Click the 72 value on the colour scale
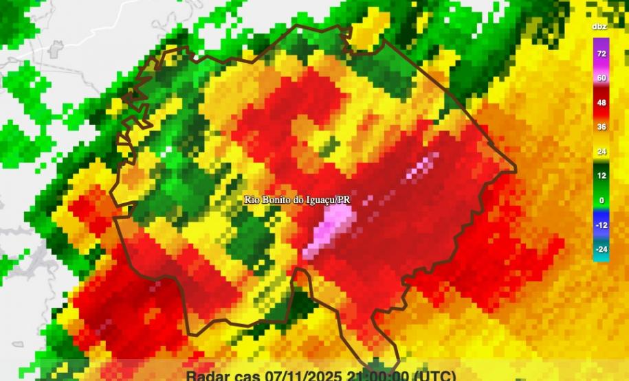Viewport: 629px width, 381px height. point(601,54)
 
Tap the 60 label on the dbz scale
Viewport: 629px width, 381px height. point(601,78)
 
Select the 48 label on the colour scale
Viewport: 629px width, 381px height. point(601,102)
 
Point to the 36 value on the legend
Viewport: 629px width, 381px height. point(601,127)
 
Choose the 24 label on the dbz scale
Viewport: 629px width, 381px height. point(601,151)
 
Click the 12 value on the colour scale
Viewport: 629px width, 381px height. point(601,176)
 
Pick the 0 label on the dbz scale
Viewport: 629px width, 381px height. point(601,200)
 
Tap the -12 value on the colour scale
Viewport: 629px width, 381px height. point(601,224)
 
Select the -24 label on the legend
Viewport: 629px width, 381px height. point(601,249)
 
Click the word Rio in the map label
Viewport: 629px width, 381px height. point(252,199)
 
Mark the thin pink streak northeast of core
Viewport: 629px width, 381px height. point(422,168)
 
